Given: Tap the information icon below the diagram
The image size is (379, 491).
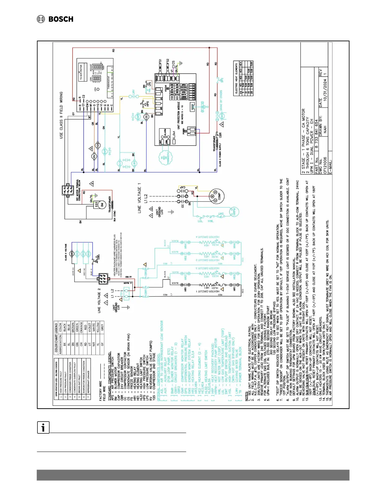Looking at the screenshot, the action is [43, 427].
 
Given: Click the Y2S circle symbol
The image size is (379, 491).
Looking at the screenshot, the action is [98, 145].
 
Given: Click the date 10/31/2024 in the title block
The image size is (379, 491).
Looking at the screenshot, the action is [325, 90].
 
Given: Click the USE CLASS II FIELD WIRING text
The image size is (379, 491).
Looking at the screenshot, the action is [61, 115].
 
